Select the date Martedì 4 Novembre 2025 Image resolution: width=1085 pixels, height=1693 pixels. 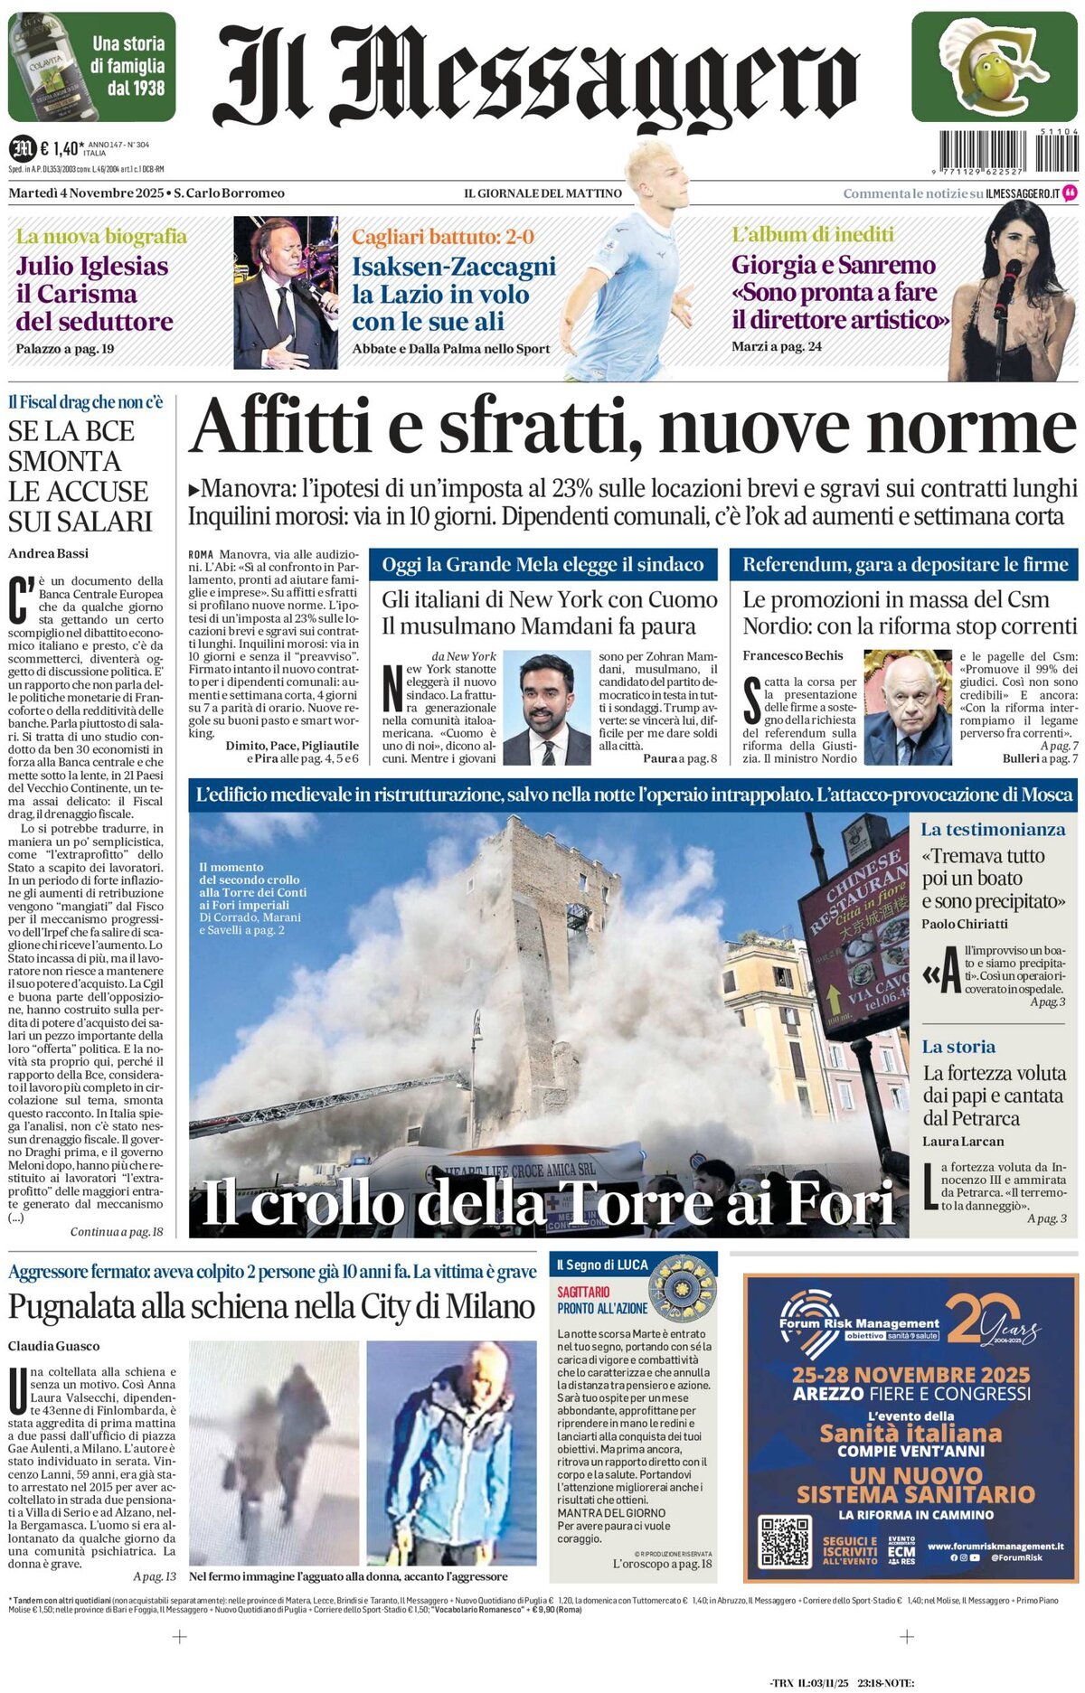tap(87, 193)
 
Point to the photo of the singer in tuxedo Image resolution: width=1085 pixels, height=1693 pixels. tap(285, 292)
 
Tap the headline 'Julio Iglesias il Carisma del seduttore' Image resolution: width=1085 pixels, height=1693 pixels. tap(94, 294)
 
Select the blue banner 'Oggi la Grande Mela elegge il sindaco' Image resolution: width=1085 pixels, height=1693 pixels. tap(542, 565)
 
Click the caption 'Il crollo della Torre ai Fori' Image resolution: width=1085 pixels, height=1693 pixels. tap(547, 1203)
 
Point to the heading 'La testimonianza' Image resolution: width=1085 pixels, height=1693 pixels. tap(992, 829)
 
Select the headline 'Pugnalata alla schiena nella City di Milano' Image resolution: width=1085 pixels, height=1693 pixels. tap(271, 1307)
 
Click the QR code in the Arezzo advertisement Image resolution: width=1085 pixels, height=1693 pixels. tap(784, 1541)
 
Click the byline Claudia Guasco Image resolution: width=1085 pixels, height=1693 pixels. tap(54, 1346)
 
